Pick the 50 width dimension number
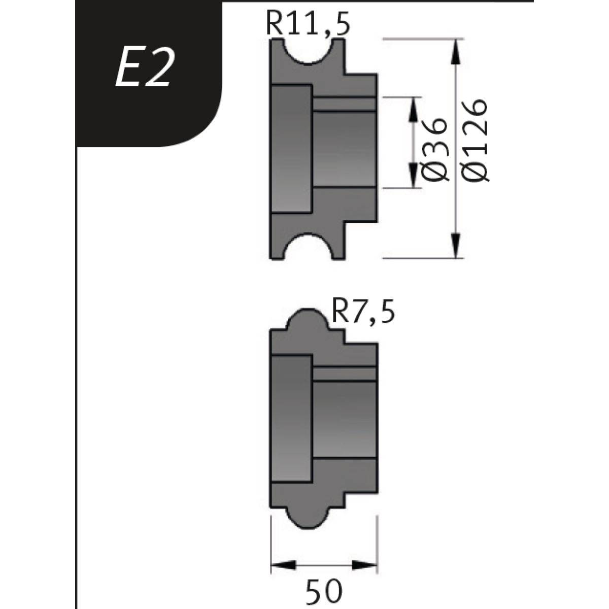325,591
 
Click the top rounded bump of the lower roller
306,319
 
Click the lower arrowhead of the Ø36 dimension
414,176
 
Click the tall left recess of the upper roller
292,149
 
